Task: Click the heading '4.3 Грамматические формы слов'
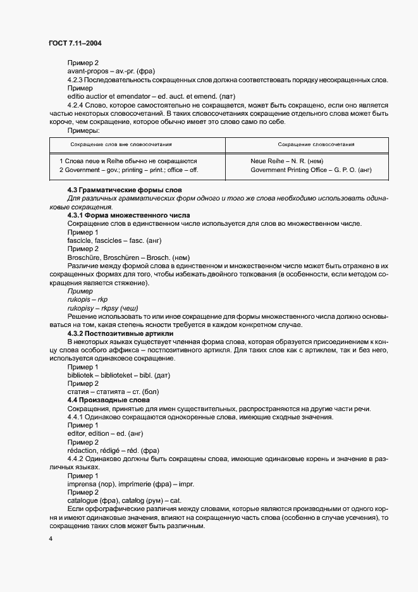pos(124,190)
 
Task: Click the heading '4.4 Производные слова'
pos(108,400)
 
